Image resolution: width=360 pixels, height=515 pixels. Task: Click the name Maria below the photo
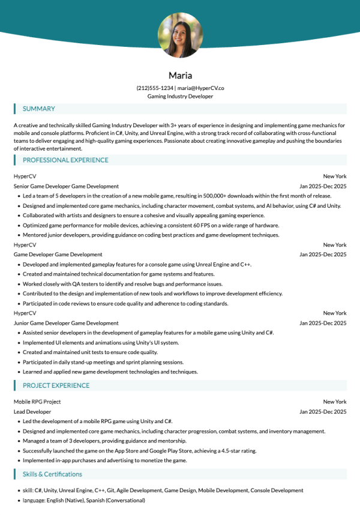tap(180, 76)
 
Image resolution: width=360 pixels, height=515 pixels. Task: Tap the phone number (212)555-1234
tap(155, 88)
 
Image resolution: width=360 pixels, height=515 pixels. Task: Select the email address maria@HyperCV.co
tap(200, 88)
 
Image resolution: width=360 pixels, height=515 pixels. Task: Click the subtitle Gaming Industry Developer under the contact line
tap(180, 96)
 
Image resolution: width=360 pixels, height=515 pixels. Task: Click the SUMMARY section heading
tap(38, 109)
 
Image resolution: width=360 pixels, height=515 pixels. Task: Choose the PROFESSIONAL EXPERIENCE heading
tap(65, 160)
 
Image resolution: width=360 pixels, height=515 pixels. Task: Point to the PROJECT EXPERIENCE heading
tap(56, 385)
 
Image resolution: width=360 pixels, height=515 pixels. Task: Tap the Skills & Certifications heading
tap(52, 474)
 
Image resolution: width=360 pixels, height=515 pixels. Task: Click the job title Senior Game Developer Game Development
tap(66, 187)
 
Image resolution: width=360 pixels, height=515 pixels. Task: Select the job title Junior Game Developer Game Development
tap(66, 323)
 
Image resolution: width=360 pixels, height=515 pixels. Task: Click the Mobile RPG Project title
tap(37, 402)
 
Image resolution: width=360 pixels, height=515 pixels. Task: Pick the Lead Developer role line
tap(32, 412)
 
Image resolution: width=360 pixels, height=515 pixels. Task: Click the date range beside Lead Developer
tap(323, 412)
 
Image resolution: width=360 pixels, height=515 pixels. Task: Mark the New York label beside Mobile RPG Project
tap(335, 402)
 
